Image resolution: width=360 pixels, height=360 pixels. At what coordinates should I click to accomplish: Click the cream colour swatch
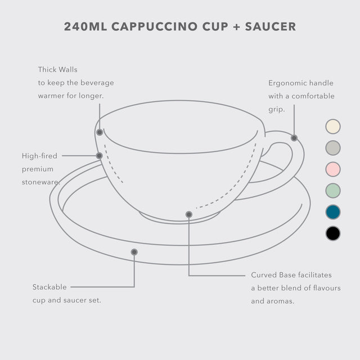tap(332, 127)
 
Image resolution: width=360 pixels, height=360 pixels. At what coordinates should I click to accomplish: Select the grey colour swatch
tap(332, 148)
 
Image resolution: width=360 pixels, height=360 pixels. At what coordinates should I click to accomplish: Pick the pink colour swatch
tap(332, 169)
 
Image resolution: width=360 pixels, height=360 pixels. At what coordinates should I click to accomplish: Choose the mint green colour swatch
tap(332, 191)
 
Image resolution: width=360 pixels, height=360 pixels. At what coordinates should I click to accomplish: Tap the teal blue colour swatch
tap(332, 212)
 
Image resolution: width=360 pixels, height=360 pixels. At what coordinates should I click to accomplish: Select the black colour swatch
tap(332, 233)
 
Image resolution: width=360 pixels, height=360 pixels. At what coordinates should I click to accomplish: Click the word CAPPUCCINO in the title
tap(154, 26)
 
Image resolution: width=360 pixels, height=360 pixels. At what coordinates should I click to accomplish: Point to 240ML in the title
tap(85, 26)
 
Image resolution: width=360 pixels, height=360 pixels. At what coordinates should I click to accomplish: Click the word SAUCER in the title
tap(271, 26)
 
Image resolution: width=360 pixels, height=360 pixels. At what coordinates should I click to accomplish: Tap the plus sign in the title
tap(236, 27)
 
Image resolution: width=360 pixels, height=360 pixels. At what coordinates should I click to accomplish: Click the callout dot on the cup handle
tap(294, 138)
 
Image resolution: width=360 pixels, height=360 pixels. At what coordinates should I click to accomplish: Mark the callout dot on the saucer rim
tap(134, 252)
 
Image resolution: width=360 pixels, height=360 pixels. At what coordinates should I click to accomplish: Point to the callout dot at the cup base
tap(189, 214)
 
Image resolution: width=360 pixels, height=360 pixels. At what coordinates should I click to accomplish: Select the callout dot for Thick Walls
tap(100, 132)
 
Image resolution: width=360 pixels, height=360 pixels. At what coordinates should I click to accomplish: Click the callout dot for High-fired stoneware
tap(99, 156)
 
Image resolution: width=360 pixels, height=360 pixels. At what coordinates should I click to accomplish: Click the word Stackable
tap(49, 287)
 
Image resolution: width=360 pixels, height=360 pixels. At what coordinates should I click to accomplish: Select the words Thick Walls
tap(57, 70)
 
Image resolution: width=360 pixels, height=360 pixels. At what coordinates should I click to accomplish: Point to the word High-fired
tap(39, 156)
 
